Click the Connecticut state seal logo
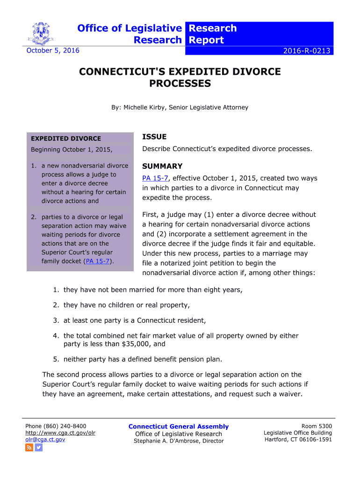(41, 33)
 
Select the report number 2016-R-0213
(308, 51)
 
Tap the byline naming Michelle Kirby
(180, 108)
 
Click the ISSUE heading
(154, 137)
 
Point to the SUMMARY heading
(162, 166)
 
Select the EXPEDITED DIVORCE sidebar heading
(65, 138)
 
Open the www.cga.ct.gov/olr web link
(60, 433)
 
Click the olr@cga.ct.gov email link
(45, 439)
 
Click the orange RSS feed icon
(29, 448)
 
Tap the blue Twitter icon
(39, 448)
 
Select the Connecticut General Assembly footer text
(179, 427)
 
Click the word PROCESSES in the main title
(180, 84)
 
